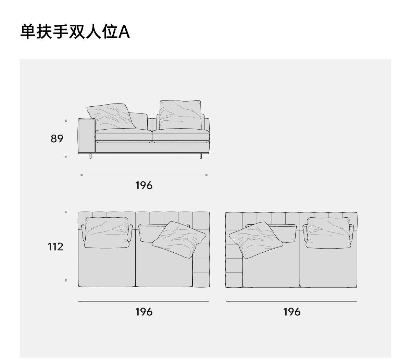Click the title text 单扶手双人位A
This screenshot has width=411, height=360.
coord(75,32)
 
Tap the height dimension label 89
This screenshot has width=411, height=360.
coord(57,139)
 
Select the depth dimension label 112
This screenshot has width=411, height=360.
coord(55,247)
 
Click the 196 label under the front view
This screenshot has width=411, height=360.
coord(144,185)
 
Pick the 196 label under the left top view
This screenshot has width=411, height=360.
coord(144,312)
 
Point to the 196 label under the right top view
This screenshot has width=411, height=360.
coord(292,312)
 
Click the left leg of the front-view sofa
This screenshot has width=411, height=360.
coord(90,156)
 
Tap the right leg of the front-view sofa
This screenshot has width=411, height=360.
coord(200,156)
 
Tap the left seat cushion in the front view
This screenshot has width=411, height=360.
coord(123,136)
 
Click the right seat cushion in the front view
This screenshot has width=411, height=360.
coord(180,136)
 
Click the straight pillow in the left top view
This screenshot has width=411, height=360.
coord(107,232)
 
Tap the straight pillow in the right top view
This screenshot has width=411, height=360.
coord(328,232)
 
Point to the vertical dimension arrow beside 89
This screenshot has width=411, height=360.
coord(66,139)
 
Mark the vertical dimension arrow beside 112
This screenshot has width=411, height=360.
coord(66,247)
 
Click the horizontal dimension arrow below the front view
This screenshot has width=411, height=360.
coord(144,175)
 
